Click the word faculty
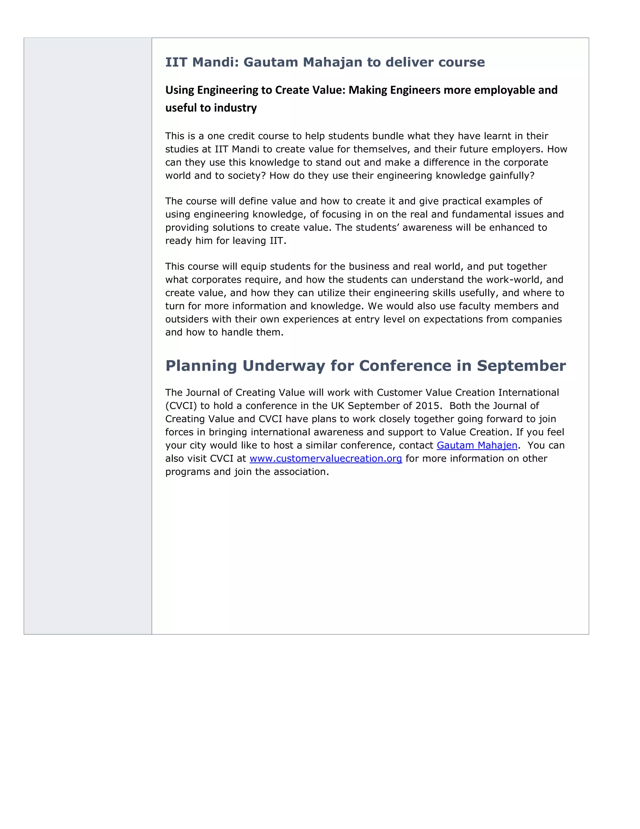pyautogui.click(x=475, y=306)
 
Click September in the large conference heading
pyautogui.click(x=521, y=366)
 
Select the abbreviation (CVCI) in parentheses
pyautogui.click(x=181, y=406)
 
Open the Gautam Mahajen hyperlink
pyautogui.click(x=477, y=445)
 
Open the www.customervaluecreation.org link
pyautogui.click(x=326, y=459)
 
